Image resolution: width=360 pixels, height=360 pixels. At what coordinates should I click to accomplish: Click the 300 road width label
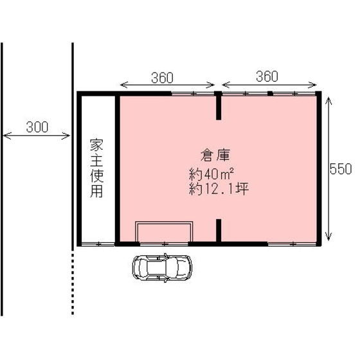point(37,127)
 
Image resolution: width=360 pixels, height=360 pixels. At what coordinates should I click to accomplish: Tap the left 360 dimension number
point(163,77)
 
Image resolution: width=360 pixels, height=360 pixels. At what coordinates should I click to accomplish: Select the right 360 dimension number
point(266,76)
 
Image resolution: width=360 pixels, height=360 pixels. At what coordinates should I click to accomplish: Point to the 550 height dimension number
point(340,169)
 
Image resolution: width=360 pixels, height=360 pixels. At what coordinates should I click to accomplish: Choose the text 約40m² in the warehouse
point(211,174)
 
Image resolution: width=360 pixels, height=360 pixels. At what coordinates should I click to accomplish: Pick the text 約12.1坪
point(219,189)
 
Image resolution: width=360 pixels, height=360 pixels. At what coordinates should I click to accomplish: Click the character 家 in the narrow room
point(96,143)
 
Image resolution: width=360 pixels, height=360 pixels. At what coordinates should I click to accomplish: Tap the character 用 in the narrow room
point(96,191)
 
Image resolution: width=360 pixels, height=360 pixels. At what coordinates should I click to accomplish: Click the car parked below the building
point(162,267)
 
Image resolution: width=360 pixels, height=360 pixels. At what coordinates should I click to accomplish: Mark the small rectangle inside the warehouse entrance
point(164,231)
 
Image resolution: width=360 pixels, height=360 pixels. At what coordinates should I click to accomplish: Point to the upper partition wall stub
point(219,106)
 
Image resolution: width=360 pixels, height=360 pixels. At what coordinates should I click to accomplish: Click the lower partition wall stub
point(219,231)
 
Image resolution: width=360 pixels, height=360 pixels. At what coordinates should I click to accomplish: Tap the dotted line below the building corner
point(73,283)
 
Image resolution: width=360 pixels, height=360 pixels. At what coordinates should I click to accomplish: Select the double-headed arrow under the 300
point(37,136)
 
